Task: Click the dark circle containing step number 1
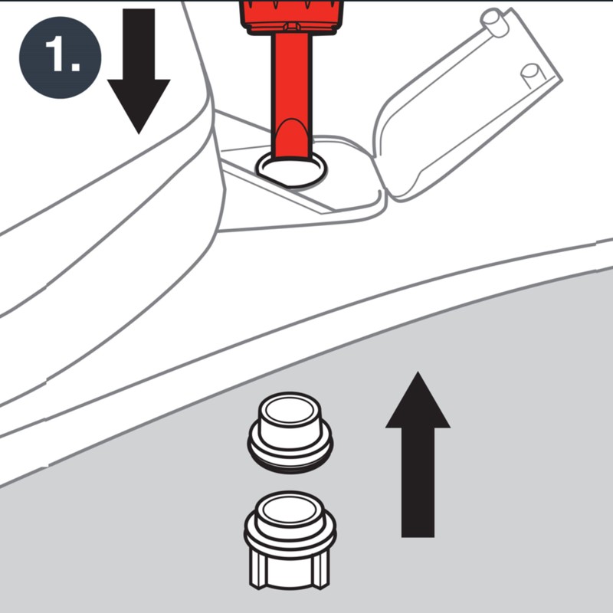click(x=61, y=58)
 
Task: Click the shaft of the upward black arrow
click(x=418, y=483)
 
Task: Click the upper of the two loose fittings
click(x=290, y=429)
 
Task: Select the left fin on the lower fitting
click(x=261, y=571)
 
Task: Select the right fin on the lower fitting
click(x=320, y=571)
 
